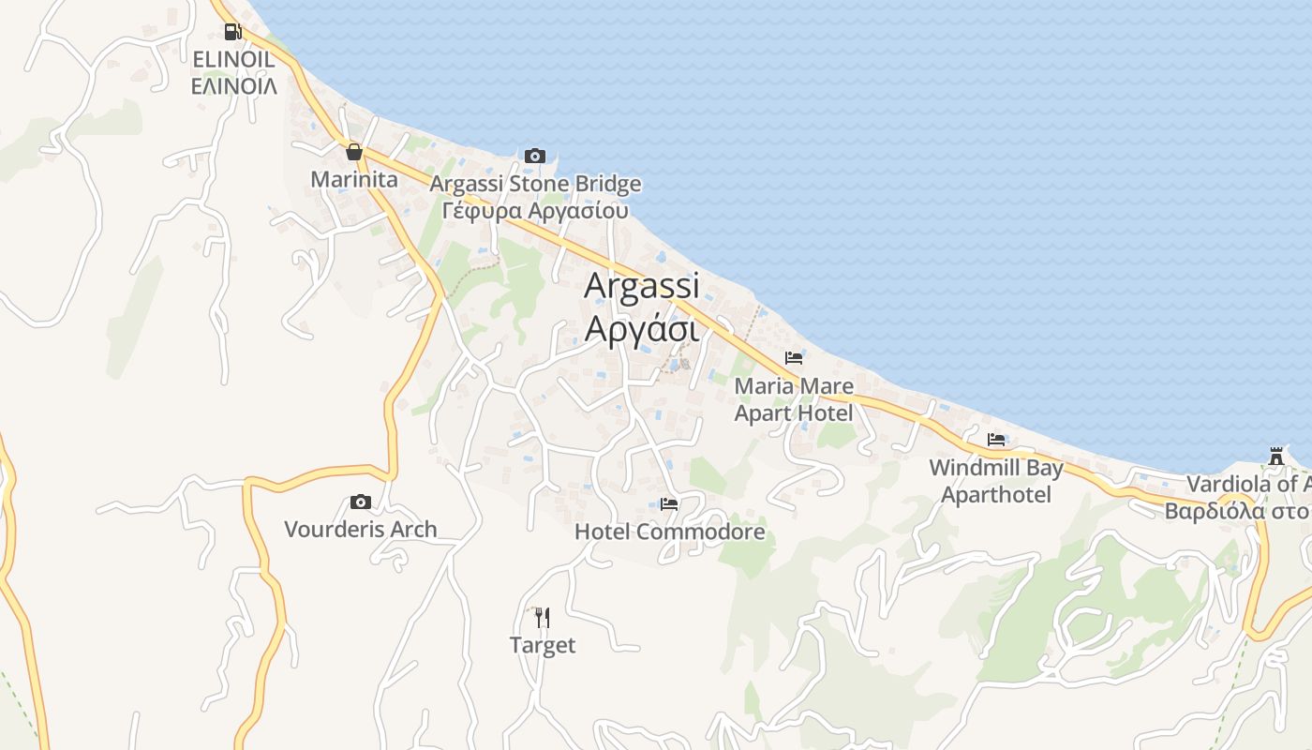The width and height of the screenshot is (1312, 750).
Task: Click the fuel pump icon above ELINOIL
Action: coord(232,33)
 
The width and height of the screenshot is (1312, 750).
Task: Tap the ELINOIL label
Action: coord(233,60)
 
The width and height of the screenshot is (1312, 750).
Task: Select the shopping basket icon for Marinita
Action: coord(354,152)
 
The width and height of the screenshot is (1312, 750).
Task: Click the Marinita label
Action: coord(354,179)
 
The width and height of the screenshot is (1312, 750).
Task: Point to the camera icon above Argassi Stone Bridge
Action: coord(535,156)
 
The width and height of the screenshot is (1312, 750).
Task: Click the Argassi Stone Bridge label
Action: coord(535,184)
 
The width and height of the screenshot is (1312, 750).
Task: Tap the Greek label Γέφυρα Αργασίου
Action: coord(535,211)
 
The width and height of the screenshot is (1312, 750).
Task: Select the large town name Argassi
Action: coord(642,287)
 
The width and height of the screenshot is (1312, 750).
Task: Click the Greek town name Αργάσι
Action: coord(642,329)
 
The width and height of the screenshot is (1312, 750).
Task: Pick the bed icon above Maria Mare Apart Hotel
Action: coord(794,358)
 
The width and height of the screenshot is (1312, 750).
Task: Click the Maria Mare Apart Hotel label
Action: coord(794,399)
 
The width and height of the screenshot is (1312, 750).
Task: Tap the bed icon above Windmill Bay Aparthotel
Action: coord(996,440)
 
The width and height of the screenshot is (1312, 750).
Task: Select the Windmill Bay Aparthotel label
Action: coord(996,481)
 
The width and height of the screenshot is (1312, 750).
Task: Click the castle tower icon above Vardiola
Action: coord(1275,457)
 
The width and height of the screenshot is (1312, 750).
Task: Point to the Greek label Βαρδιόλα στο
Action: coord(1236,512)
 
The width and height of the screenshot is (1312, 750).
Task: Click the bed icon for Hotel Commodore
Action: coord(669,504)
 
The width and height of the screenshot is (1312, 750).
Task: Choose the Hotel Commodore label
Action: coord(669,532)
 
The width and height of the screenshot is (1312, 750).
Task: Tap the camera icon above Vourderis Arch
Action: coord(361,502)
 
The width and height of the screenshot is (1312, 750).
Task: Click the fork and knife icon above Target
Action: coord(542,618)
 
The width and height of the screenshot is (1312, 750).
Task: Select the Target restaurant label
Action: coord(543,645)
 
